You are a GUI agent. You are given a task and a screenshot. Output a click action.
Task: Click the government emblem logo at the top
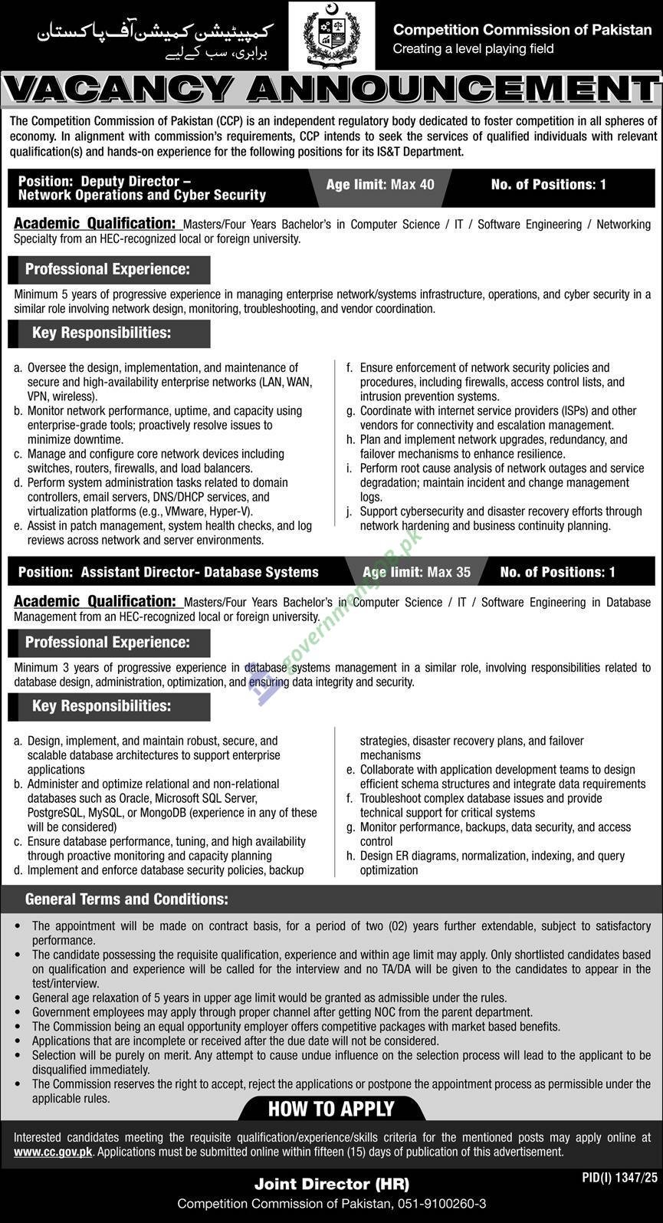pos(331,36)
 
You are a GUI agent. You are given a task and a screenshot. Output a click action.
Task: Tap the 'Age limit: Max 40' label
pos(379,185)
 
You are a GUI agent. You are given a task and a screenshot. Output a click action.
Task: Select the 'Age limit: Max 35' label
pos(416,572)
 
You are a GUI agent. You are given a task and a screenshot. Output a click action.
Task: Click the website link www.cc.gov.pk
pos(53,1152)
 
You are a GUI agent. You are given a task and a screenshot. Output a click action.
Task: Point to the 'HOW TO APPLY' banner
pos(331,1109)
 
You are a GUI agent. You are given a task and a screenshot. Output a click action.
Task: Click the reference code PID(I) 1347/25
pos(615,1175)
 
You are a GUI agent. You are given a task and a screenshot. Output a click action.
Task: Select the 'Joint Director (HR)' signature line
pos(331,1185)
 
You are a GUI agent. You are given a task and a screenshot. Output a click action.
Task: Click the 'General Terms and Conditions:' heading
pos(126,899)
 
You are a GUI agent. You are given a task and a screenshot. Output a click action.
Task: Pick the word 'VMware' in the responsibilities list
pos(179,511)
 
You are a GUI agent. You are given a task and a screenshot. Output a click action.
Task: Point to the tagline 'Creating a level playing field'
pos(473,49)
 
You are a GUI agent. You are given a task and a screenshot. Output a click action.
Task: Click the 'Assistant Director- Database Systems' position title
pos(199,572)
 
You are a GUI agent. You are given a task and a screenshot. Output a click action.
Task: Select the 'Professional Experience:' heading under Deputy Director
pos(107,269)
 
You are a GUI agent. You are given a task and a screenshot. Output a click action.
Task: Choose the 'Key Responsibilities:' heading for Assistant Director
pos(101,705)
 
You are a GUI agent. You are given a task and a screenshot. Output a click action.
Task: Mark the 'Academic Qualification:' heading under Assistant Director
pos(95,602)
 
